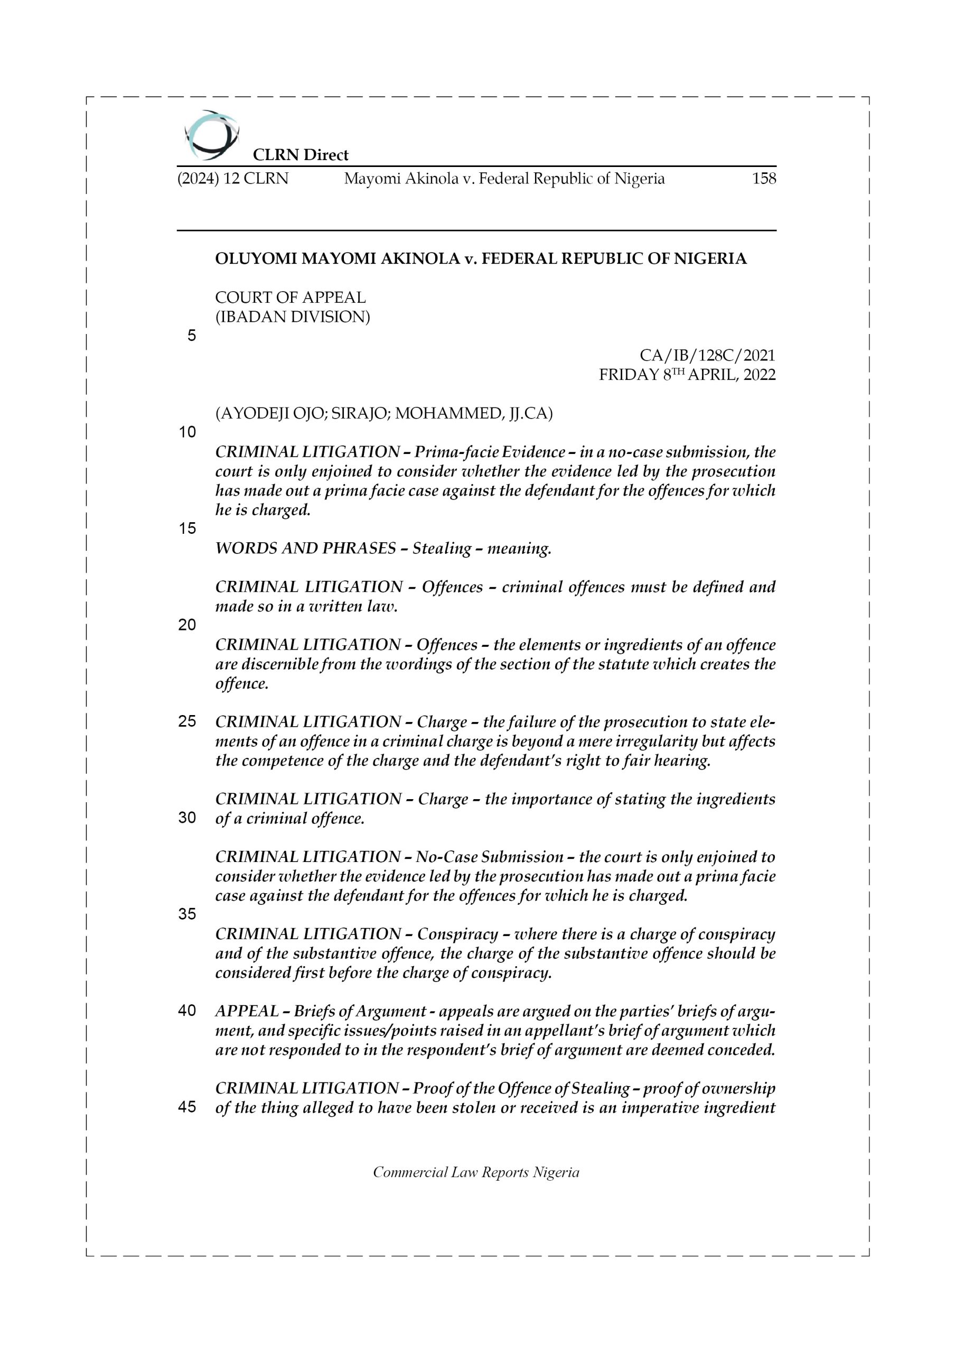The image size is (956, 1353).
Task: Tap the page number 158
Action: point(764,179)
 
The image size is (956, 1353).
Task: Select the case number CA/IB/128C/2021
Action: point(707,355)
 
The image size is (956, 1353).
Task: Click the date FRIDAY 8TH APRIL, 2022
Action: point(687,375)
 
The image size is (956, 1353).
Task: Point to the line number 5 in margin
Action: point(191,336)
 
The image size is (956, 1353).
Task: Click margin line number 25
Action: point(188,721)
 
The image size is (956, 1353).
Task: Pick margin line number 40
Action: point(188,1011)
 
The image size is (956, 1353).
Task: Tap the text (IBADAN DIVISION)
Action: point(293,317)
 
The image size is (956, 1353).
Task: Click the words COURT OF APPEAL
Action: point(290,298)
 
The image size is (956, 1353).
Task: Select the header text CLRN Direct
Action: point(301,155)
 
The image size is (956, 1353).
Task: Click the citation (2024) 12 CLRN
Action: point(233,179)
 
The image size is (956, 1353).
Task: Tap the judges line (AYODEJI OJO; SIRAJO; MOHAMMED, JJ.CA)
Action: point(384,414)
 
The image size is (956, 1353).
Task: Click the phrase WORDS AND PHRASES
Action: point(306,549)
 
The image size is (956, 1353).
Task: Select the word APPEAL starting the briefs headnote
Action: point(247,1011)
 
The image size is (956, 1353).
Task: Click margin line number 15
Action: point(188,529)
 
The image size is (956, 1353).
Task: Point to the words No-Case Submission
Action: point(490,857)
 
